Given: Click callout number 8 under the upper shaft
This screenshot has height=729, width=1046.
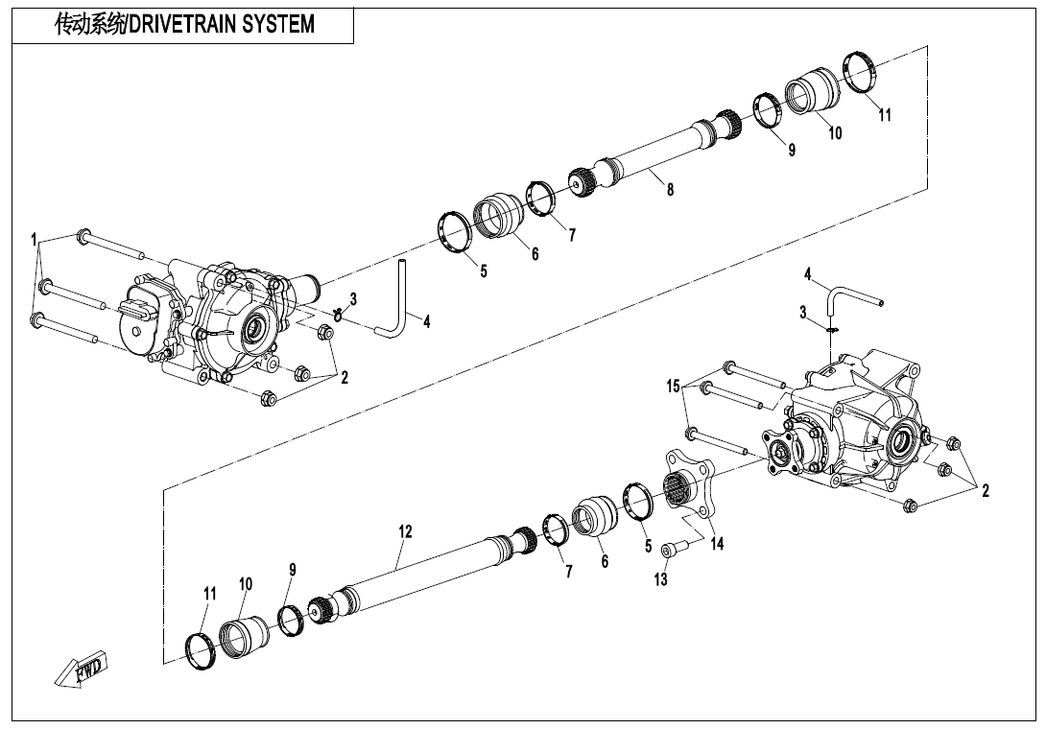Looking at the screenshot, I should coord(671,190).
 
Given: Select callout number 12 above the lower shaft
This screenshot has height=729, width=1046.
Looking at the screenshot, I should coord(405,531).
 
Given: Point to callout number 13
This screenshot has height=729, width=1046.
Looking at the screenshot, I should coord(661,579).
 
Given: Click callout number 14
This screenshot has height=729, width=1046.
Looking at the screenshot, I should coord(717,544).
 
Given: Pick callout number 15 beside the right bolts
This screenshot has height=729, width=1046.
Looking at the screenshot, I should coord(674,386).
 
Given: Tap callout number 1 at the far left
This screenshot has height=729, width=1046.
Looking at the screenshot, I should coord(34,240).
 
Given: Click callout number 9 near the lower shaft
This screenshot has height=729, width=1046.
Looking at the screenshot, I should coord(292,570).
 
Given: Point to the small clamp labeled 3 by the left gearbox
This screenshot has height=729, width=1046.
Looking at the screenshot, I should coord(339,311).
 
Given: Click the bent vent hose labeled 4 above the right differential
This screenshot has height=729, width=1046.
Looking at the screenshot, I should coord(849,295).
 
